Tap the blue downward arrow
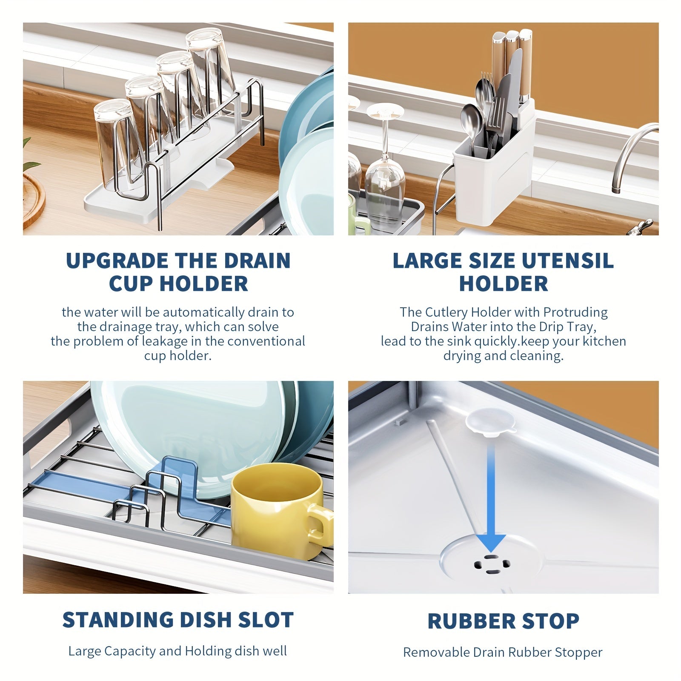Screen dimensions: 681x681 pyautogui.click(x=491, y=498)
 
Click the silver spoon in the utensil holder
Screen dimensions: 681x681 pyautogui.click(x=472, y=123)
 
